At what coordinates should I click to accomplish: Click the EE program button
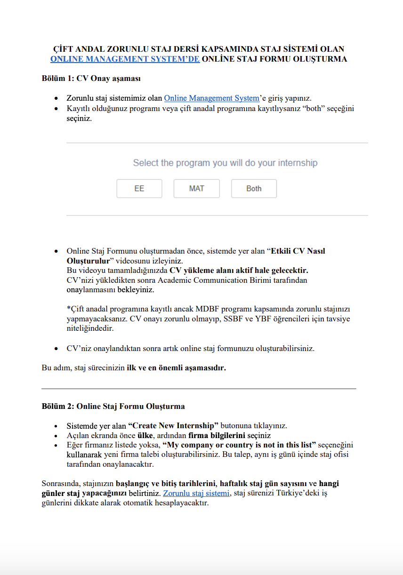(x=139, y=189)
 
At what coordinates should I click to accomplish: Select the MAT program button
(x=197, y=189)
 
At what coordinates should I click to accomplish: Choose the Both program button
(x=254, y=189)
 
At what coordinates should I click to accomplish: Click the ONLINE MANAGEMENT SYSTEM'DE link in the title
(x=125, y=59)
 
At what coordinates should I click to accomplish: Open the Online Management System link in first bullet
(x=211, y=98)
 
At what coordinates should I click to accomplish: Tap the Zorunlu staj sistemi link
(x=196, y=493)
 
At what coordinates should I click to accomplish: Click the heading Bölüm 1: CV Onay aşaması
(x=91, y=78)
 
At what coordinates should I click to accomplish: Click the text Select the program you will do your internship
(x=225, y=163)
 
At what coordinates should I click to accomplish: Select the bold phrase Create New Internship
(x=173, y=426)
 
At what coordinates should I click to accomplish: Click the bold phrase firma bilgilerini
(x=211, y=435)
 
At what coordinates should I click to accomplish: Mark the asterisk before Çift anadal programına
(x=68, y=309)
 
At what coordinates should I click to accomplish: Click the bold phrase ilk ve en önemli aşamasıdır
(x=176, y=368)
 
